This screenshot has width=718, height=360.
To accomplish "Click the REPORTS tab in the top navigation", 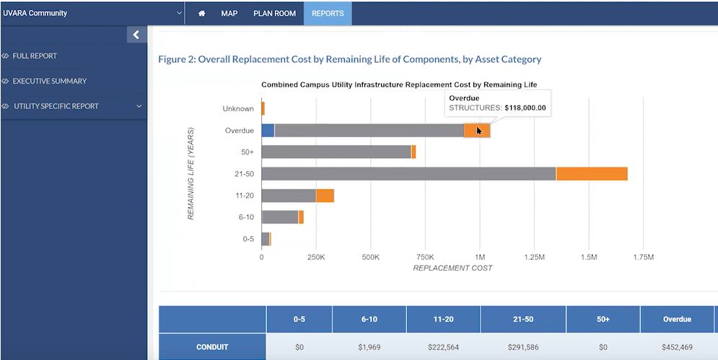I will pos(328,13).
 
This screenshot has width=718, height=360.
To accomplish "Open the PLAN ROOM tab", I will pos(274,13).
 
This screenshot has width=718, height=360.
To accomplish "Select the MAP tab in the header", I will pos(229,13).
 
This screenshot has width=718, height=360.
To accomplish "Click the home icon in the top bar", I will pos(202,13).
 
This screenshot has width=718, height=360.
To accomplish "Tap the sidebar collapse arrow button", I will pos(136,35).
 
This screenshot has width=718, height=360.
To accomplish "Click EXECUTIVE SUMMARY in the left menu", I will pos(49,81).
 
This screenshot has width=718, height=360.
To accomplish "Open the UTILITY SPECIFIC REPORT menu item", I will pos(56,106).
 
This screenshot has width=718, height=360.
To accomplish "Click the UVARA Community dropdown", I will pos(92,13).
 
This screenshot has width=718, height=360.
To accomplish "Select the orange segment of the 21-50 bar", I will pos(591,174).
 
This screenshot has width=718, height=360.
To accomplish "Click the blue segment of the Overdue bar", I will pos(268,131).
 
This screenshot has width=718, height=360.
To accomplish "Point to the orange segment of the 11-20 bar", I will pos(325,196).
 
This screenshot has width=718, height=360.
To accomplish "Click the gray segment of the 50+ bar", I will pos(336,152).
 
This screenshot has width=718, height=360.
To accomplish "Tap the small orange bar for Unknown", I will pos(263,109).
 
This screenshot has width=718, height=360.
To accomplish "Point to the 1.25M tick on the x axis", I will pos(534,256).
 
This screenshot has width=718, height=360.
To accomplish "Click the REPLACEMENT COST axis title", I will pos(452,268).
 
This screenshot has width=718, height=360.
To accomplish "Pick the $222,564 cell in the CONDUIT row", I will pos(442,347).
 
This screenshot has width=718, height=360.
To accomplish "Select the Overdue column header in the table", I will pos(676,319).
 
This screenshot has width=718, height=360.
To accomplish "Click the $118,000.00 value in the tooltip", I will pos(525,108).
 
